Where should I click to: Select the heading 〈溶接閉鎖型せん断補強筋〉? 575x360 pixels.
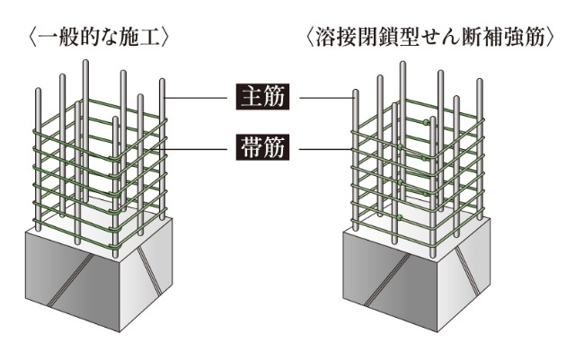(x=429, y=39)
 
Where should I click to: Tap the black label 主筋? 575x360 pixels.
(x=261, y=96)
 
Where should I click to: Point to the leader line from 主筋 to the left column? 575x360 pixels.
(x=197, y=96)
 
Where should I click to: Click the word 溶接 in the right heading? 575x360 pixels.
(x=340, y=39)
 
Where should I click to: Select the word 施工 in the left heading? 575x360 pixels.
(x=146, y=39)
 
